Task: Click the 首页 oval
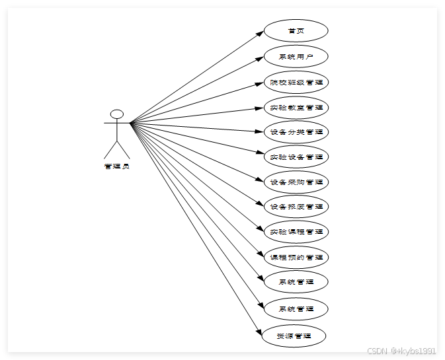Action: pyautogui.click(x=296, y=31)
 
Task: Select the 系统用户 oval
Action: pyautogui.click(x=296, y=57)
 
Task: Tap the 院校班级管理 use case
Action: pyautogui.click(x=296, y=83)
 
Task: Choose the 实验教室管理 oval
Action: pyautogui.click(x=296, y=107)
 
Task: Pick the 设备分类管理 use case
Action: pyautogui.click(x=296, y=132)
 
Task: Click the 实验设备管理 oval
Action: pyautogui.click(x=296, y=157)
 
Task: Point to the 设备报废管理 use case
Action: pyautogui.click(x=296, y=207)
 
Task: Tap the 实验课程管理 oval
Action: pyautogui.click(x=296, y=232)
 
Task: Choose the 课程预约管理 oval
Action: pyautogui.click(x=296, y=257)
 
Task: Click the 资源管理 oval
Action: pyautogui.click(x=296, y=336)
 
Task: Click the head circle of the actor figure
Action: pyautogui.click(x=117, y=114)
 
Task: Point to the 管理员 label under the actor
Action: pyautogui.click(x=117, y=166)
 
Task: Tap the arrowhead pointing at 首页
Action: pyautogui.click(x=261, y=32)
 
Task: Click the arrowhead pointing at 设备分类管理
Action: pyautogui.click(x=260, y=131)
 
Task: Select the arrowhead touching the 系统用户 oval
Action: pyautogui.click(x=260, y=57)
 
